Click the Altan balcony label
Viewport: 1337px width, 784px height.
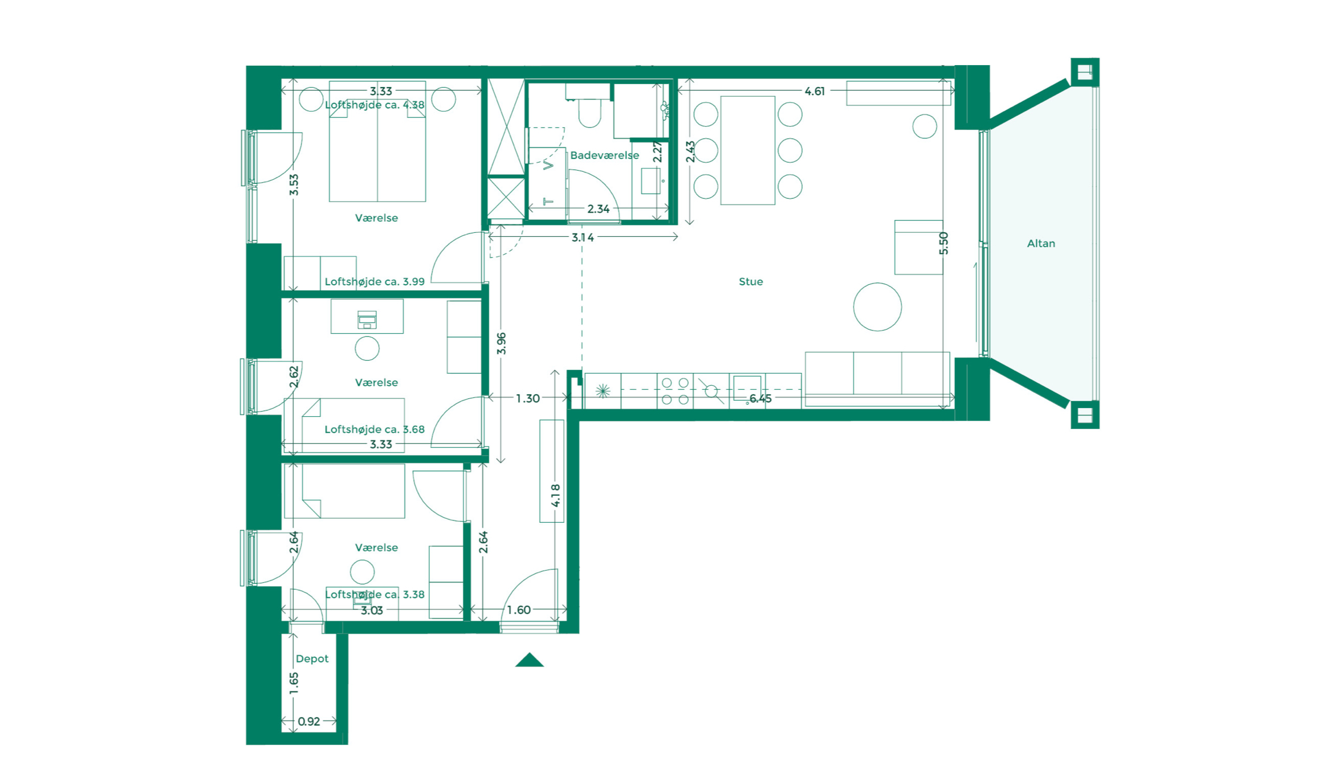pos(1040,243)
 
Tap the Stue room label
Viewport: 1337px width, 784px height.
pos(750,281)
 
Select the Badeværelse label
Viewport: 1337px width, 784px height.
pos(604,155)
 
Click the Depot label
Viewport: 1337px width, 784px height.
pos(311,658)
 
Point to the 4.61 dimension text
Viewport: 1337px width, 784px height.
pos(814,91)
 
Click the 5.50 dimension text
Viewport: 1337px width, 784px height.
pos(943,243)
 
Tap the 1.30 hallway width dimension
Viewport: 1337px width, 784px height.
pos(527,398)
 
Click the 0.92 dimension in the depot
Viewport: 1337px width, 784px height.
pos(309,721)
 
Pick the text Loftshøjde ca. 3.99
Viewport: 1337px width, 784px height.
pos(375,281)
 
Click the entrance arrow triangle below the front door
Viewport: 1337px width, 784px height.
pos(529,661)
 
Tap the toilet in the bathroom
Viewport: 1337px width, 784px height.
pos(589,112)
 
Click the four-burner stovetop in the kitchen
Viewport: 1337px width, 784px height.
pos(675,391)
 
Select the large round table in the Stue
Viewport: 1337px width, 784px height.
pos(877,307)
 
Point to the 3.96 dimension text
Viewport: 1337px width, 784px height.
pos(501,344)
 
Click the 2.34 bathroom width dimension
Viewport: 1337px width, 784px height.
pos(598,209)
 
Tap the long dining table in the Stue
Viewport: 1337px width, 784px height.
pos(747,150)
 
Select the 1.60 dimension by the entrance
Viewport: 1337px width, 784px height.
pos(518,610)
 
